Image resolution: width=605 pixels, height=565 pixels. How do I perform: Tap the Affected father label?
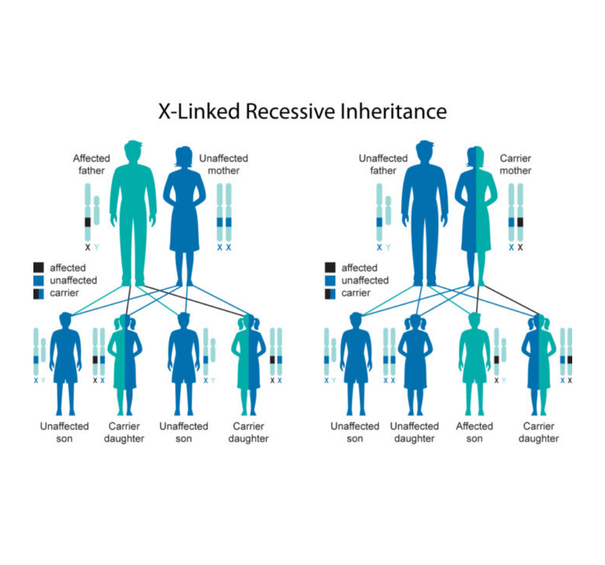92,164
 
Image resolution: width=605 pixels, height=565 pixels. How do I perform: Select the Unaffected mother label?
223,164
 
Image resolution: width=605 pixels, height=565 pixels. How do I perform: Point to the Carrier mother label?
515,164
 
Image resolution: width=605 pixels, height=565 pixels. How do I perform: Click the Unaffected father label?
383,164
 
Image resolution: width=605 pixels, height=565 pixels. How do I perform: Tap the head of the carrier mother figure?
475,156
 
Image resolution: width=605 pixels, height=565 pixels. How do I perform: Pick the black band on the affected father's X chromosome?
87,222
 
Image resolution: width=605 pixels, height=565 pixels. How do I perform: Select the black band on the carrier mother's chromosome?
520,222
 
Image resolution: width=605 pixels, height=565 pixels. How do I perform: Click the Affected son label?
474,432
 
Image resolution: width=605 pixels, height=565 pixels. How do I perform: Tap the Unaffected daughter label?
414,432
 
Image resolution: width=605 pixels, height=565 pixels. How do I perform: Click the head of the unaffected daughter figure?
415,323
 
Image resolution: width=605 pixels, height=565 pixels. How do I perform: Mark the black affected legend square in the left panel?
39,267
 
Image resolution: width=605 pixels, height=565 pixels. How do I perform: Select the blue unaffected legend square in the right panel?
330,280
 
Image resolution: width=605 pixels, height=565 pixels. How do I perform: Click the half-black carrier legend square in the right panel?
330,294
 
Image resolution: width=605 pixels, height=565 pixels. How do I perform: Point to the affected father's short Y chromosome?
97,210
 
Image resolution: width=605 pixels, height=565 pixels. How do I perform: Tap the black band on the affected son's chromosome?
497,360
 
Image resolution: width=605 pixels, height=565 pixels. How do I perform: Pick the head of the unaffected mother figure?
184,156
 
